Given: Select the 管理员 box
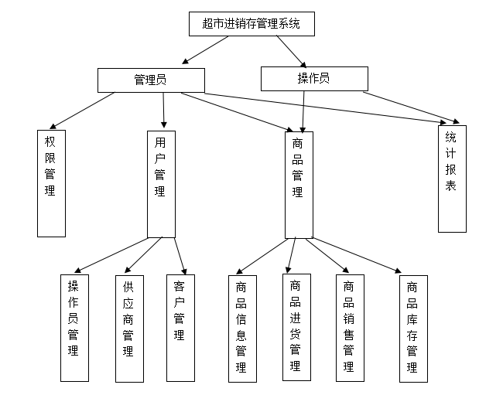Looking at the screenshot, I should (x=151, y=80).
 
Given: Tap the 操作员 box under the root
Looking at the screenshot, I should (x=313, y=78).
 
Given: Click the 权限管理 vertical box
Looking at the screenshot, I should (x=50, y=182).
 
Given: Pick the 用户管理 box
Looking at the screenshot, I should (x=160, y=183).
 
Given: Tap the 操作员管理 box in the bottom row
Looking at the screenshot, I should (x=74, y=327).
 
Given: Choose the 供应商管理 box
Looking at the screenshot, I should (x=129, y=328).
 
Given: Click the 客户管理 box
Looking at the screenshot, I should (x=180, y=327).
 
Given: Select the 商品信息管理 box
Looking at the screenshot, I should (x=241, y=328).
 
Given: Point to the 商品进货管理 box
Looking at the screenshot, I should (x=296, y=327).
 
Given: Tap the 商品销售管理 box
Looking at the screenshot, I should (x=349, y=328).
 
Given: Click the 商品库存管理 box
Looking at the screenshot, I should (x=412, y=328).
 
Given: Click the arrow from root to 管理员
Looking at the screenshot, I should (x=205, y=50).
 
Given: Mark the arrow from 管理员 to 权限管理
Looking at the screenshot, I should (x=81, y=111).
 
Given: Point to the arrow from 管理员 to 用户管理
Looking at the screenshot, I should (x=164, y=111).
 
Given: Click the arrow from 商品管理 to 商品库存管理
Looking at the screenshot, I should (x=356, y=255).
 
